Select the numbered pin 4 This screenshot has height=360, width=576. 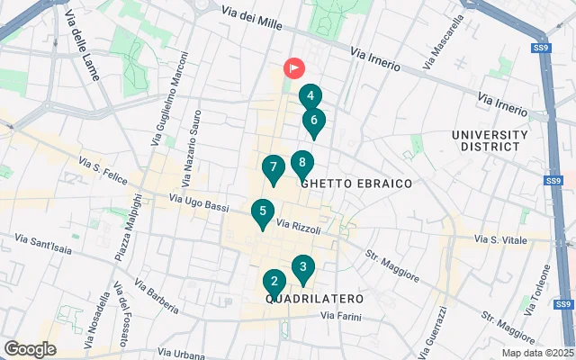[310, 96]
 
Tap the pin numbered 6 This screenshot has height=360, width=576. [314, 120]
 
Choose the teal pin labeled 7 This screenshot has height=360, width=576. [273, 167]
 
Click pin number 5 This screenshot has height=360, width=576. [262, 212]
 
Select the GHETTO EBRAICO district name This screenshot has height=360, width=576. [357, 184]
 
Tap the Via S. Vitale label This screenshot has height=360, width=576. [500, 239]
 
